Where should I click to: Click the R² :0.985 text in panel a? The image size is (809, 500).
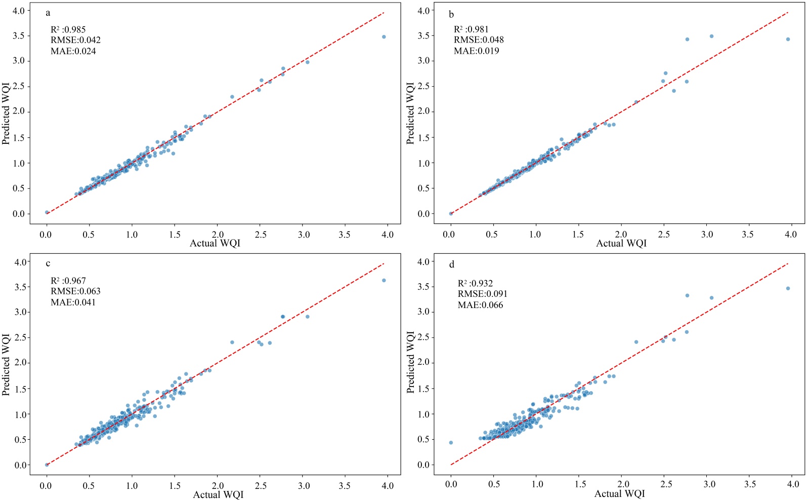point(68,29)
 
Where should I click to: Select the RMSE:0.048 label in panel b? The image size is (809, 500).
point(479,40)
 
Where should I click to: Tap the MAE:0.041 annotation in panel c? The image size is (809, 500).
point(73,302)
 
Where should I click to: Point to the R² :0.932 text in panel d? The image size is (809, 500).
point(475,283)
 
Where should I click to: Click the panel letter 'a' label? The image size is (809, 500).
point(48,13)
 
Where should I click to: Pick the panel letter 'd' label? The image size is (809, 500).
point(452,264)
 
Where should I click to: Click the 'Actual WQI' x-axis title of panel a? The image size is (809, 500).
point(215,243)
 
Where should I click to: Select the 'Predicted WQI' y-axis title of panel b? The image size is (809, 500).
point(410,113)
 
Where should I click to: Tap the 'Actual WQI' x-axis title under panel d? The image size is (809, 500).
point(620,493)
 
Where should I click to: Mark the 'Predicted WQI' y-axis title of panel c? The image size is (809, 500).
point(6,364)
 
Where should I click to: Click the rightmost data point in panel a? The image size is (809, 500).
point(384,37)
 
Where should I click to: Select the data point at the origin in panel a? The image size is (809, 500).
point(47,212)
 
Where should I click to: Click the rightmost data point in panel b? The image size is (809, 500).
point(788,39)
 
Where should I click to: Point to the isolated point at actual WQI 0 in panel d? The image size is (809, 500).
point(451,443)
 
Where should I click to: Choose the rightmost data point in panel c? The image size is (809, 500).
point(384,280)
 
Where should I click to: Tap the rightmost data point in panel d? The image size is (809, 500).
point(788,288)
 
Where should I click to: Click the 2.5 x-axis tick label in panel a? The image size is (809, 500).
point(261,235)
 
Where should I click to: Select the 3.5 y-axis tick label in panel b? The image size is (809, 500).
point(423,35)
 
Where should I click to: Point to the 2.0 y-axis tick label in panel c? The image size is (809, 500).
point(20,363)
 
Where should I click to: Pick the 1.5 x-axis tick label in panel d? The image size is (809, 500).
point(580,484)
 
